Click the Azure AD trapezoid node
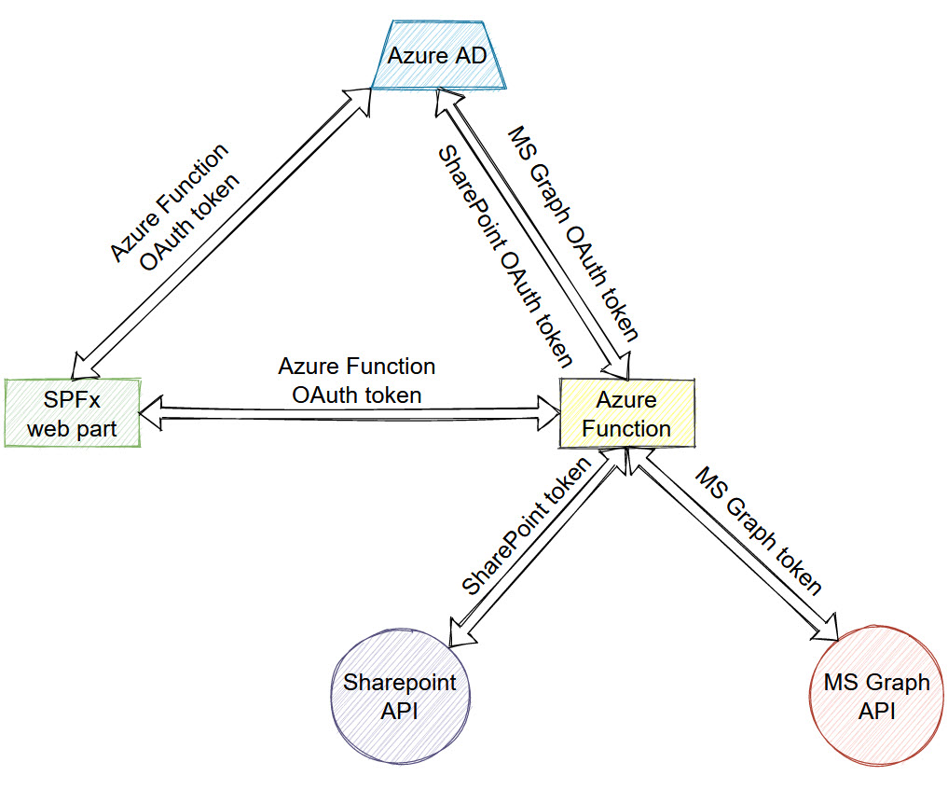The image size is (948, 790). (437, 57)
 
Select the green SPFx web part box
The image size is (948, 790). (72, 413)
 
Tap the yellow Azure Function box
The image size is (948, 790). (627, 413)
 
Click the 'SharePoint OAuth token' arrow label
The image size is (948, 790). (504, 255)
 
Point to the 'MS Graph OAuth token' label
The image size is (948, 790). (572, 233)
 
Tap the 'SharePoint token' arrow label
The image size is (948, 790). (528, 526)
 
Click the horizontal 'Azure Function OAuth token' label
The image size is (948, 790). (356, 381)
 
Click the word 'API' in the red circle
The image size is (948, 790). (876, 710)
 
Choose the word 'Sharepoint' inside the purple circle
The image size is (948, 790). (400, 683)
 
